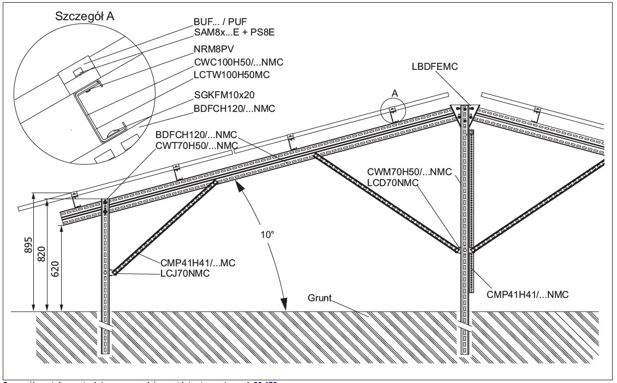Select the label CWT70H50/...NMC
point(197,145)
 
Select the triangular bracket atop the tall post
point(463,109)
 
